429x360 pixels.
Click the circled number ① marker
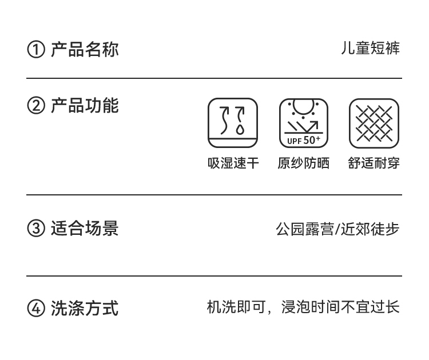pos(35,50)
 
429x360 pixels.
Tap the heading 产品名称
pos(85,49)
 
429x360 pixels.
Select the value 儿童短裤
pos(370,49)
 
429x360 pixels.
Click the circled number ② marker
pos(35,106)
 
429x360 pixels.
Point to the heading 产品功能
pos(85,106)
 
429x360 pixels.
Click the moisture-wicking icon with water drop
pos(232,123)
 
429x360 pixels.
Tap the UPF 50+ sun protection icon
pos(304,123)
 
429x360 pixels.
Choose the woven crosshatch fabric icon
pos(374,123)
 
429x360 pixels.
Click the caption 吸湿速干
pos(233,163)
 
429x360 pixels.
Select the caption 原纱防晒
pos(304,163)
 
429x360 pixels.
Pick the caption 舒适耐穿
pos(374,163)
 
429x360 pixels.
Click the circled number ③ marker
pos(35,229)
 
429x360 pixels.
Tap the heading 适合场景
pos(85,229)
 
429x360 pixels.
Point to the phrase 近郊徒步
pos(370,229)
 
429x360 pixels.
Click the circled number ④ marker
pos(35,309)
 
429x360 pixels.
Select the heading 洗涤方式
pos(85,309)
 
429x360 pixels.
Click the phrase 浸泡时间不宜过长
pos(341,308)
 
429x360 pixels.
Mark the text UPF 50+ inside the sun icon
pos(304,140)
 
